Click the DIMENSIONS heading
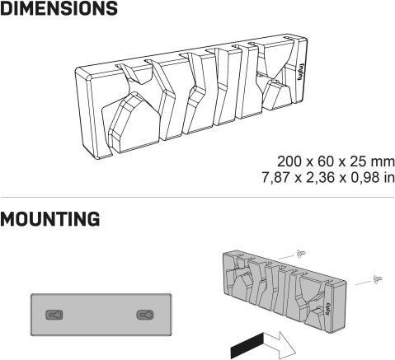[x=59, y=8]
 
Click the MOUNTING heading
[x=50, y=219]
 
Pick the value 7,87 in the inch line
[x=275, y=178]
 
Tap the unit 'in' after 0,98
[x=389, y=177]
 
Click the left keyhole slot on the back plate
[x=54, y=315]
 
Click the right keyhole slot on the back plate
[x=145, y=315]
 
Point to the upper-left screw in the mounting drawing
[x=299, y=254]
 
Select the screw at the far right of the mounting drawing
[x=377, y=279]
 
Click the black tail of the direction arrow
[x=247, y=345]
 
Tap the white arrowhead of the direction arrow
[x=280, y=344]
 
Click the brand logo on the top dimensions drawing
[x=300, y=72]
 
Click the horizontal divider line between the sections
[x=197, y=197]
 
